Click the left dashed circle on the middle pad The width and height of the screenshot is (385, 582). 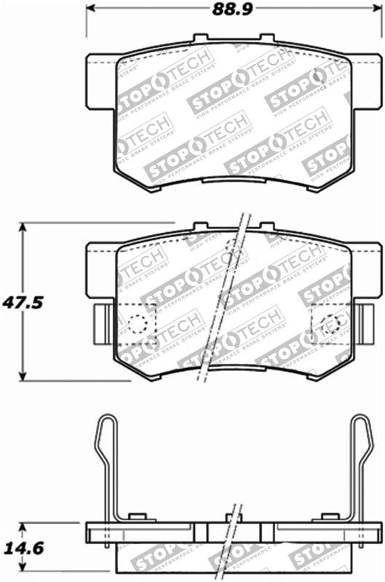138,323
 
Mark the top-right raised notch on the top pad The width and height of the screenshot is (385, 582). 267,38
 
